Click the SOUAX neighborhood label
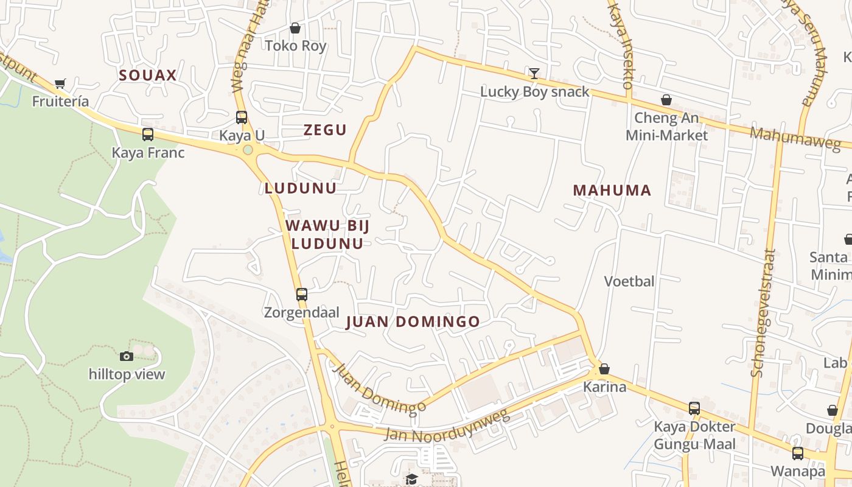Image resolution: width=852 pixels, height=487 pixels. pyautogui.click(x=148, y=75)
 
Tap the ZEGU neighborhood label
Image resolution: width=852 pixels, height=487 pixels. pyautogui.click(x=325, y=130)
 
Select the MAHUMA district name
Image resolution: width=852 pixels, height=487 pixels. pyautogui.click(x=612, y=191)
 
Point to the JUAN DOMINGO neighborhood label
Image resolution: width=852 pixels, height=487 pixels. pyautogui.click(x=413, y=322)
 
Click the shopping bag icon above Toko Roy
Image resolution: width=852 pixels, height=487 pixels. pyautogui.click(x=295, y=28)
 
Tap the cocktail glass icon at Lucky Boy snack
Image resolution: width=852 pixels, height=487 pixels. pyautogui.click(x=534, y=74)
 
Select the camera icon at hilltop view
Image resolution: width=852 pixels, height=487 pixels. pyautogui.click(x=127, y=356)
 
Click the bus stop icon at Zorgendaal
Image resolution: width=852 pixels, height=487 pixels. pyautogui.click(x=302, y=295)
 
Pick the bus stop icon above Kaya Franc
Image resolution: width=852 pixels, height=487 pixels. pyautogui.click(x=148, y=135)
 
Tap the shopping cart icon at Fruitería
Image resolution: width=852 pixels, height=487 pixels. pyautogui.click(x=60, y=84)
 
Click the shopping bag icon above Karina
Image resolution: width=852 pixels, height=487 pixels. pyautogui.click(x=604, y=369)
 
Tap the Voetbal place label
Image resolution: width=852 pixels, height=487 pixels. pyautogui.click(x=629, y=281)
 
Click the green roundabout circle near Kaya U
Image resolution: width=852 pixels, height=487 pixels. pyautogui.click(x=248, y=150)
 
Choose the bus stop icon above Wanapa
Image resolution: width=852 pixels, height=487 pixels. pyautogui.click(x=797, y=454)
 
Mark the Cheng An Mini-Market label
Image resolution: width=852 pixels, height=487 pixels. pyautogui.click(x=667, y=126)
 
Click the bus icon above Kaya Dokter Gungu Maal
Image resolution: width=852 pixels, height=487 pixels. pyautogui.click(x=694, y=408)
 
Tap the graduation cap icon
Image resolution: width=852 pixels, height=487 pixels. pyautogui.click(x=412, y=479)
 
